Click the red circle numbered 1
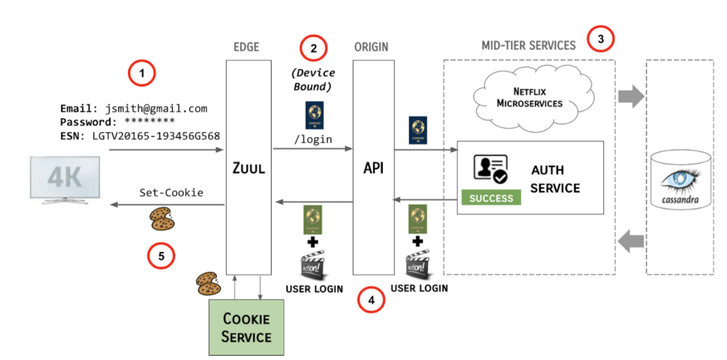click(142, 73)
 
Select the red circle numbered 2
click(313, 47)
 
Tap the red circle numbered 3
click(600, 37)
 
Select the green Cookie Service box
click(247, 327)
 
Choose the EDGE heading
click(248, 47)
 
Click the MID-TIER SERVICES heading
click(528, 46)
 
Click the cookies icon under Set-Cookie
click(163, 219)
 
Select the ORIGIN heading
click(372, 47)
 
